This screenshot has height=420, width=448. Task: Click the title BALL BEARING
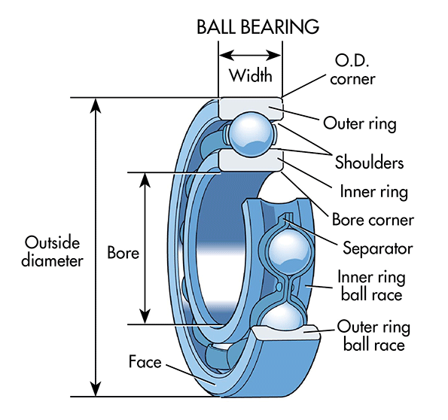(x=258, y=27)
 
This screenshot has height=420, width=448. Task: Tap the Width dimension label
(x=250, y=76)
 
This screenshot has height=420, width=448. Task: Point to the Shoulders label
(x=369, y=163)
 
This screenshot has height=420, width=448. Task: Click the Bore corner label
(x=373, y=221)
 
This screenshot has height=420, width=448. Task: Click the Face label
(x=145, y=362)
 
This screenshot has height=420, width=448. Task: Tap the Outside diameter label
(x=53, y=251)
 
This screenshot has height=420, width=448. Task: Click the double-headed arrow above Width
(x=250, y=55)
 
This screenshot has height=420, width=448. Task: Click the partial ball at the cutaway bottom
(x=285, y=317)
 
